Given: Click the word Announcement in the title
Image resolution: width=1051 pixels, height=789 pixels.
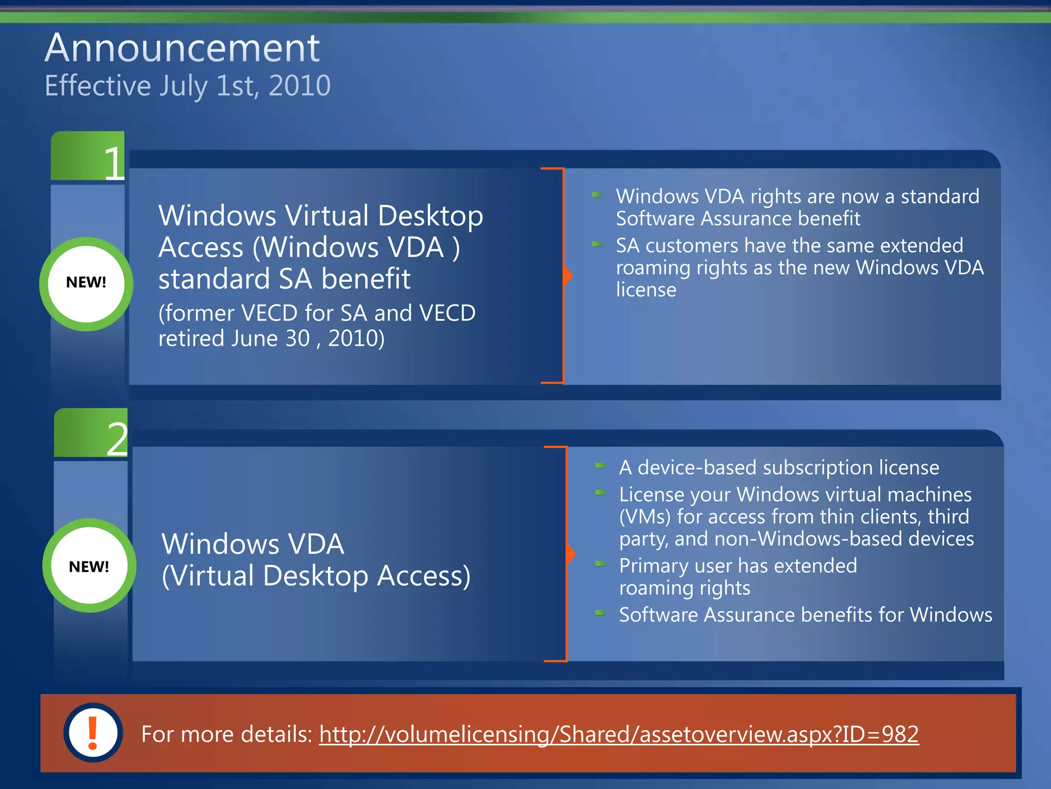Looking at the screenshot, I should pyautogui.click(x=182, y=48).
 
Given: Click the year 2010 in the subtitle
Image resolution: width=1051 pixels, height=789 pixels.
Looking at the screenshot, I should pyautogui.click(x=299, y=85).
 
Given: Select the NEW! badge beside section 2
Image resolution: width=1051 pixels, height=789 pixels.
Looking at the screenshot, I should pyautogui.click(x=89, y=566).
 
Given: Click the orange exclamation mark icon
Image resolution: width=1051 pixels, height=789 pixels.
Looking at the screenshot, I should pyautogui.click(x=93, y=732).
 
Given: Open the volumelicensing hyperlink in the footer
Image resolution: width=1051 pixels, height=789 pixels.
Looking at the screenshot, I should pyautogui.click(x=618, y=734).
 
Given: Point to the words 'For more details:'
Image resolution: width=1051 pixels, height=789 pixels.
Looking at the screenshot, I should pyautogui.click(x=226, y=734).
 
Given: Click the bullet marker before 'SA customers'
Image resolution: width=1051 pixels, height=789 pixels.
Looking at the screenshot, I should pyautogui.click(x=596, y=244).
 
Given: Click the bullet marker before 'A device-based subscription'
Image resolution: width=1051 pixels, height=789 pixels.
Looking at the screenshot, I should pyautogui.click(x=600, y=466).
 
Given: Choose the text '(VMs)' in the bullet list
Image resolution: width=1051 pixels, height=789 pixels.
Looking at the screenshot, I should pyautogui.click(x=645, y=517).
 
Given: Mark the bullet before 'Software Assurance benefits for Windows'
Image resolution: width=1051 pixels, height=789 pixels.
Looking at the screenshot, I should pyautogui.click(x=600, y=613).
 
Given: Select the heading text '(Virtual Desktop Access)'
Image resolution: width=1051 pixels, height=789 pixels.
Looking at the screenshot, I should pyautogui.click(x=316, y=576).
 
